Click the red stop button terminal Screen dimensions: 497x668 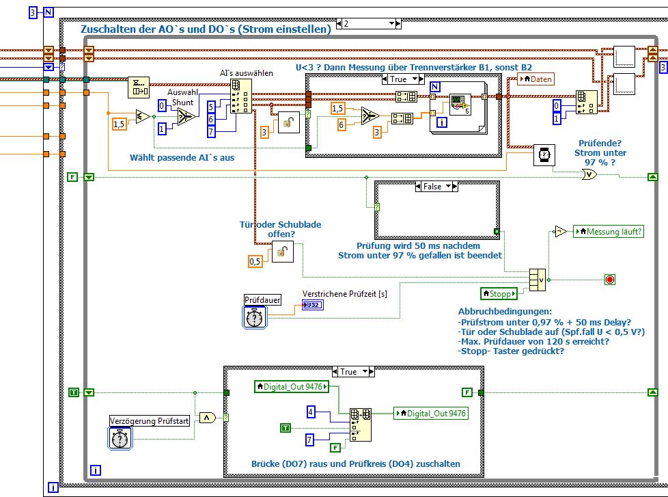coord(610,279)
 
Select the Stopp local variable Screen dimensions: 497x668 coord(499,294)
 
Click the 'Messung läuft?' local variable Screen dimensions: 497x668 coord(609,232)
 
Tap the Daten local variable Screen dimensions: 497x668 coord(536,79)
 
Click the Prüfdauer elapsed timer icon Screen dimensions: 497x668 coord(255,317)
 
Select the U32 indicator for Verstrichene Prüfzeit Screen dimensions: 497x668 coord(313,304)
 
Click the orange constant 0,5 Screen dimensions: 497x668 coord(255,261)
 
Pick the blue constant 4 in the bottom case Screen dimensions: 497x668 coord(311,412)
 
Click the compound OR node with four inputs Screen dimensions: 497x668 coord(538,279)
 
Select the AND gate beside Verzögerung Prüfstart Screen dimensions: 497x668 coord(206,418)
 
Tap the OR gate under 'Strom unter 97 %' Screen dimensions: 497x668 coord(589,174)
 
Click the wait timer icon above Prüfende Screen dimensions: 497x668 coord(544,155)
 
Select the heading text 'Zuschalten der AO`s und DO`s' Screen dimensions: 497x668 coord(205,29)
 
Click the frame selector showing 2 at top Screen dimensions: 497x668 coord(367,23)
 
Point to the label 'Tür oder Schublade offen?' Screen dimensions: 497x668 coord(280,228)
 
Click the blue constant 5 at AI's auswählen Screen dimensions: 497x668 coord(211,106)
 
